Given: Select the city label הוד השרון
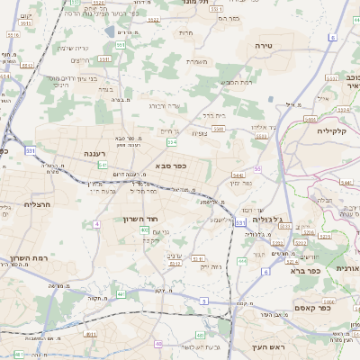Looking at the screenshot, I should pos(141,219).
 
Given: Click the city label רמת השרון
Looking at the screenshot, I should pos(28,257).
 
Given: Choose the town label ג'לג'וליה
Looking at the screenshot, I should pos(268,219).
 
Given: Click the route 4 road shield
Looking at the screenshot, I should pos(96,223).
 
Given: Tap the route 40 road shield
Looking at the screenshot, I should pos(158,343).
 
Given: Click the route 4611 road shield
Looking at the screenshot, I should pos(92,334).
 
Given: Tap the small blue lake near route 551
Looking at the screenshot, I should pos(110,31).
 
